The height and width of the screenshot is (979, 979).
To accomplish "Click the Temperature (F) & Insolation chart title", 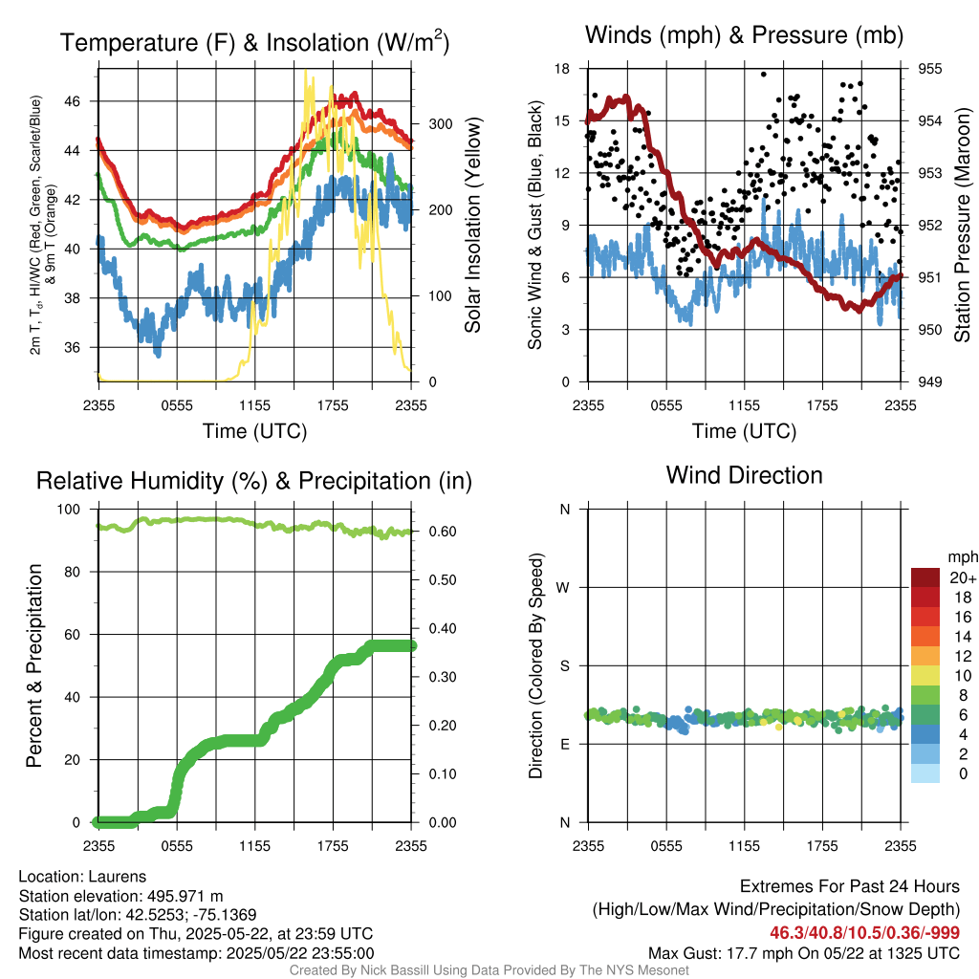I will [254, 43].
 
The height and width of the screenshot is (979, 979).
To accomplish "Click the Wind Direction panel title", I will [744, 475].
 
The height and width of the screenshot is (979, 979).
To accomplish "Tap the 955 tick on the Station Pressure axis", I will [929, 69].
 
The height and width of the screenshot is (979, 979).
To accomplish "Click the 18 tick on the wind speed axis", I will [563, 69].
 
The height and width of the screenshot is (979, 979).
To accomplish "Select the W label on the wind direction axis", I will [563, 587].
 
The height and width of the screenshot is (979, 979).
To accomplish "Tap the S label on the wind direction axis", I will [564, 665].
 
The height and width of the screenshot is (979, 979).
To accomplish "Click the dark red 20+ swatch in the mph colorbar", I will [925, 577].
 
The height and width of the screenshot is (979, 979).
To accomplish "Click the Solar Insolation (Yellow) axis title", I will [472, 225].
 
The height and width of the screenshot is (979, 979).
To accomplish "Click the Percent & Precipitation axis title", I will [34, 665].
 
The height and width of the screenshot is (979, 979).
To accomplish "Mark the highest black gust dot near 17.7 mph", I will [763, 74].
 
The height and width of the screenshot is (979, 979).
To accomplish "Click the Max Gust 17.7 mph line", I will [803, 952].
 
